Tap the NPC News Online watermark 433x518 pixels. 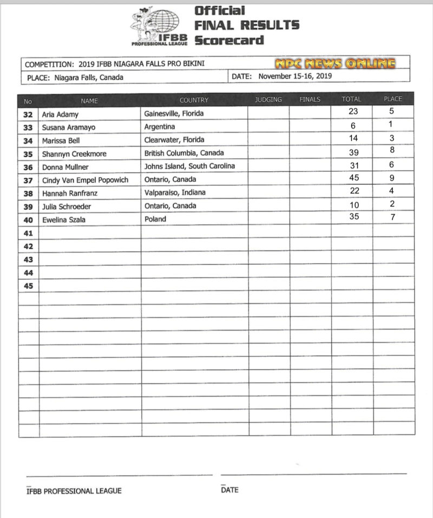tap(334, 63)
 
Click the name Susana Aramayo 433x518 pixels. tap(65, 127)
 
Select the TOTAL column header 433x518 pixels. tap(351, 100)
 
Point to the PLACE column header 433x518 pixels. tap(392, 100)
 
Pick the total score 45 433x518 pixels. tap(354, 178)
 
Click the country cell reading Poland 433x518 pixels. tap(155, 219)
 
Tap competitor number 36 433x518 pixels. tap(29, 167)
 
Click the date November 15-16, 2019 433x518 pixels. tap(294, 76)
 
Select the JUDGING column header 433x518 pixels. tap(268, 100)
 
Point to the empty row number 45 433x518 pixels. tap(29, 286)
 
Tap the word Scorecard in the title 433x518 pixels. tap(229, 40)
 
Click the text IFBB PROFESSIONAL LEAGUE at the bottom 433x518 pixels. tap(74, 491)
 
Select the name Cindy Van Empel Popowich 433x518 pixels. tap(85, 180)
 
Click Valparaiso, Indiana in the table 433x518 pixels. tap(175, 193)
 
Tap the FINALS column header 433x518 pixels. tap(310, 100)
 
